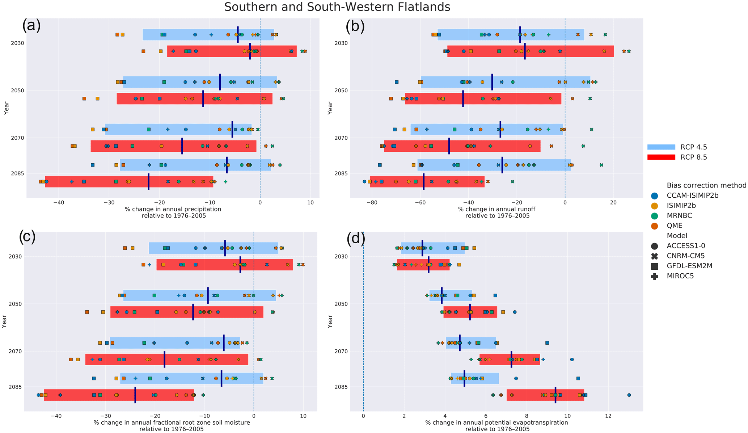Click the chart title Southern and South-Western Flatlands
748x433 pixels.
pyautogui.click(x=337, y=7)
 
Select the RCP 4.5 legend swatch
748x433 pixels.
pyautogui.click(x=661, y=147)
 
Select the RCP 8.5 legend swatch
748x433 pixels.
pyautogui.click(x=661, y=157)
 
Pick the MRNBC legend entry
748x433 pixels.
pyautogui.click(x=679, y=216)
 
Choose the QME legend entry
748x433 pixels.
pyautogui.click(x=675, y=226)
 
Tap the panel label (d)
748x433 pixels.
pyautogui.click(x=356, y=239)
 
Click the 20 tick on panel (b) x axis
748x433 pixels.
pyautogui.click(x=613, y=202)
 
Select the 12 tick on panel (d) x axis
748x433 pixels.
pyautogui.click(x=608, y=416)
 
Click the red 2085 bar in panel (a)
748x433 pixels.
pyautogui.click(x=129, y=181)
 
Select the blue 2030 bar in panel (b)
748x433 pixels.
pyautogui.click(x=511, y=34)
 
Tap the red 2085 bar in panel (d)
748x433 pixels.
pyautogui.click(x=545, y=395)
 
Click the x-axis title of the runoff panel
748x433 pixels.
pyautogui.click(x=496, y=213)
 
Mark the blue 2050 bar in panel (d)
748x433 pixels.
pyautogui.click(x=451, y=295)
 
